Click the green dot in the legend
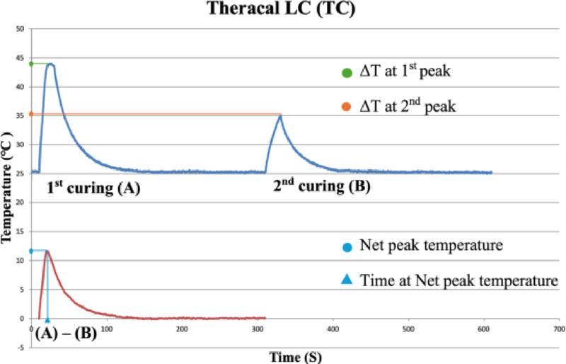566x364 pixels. tap(346, 72)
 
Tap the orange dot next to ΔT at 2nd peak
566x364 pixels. tap(346, 107)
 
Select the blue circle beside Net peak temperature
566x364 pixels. tap(346, 246)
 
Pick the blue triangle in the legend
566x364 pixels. tap(346, 281)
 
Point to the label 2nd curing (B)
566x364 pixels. tap(322, 188)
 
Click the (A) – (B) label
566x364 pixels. tap(66, 331)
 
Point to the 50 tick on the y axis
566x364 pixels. tap(21, 29)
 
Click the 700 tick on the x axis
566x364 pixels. tap(559, 329)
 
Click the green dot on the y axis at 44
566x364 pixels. tap(31, 64)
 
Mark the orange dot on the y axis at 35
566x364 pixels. tap(31, 113)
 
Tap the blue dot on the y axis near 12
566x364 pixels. tap(31, 251)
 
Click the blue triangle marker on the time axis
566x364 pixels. tap(47, 319)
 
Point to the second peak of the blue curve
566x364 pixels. tap(281, 115)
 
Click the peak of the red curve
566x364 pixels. tap(47, 251)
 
